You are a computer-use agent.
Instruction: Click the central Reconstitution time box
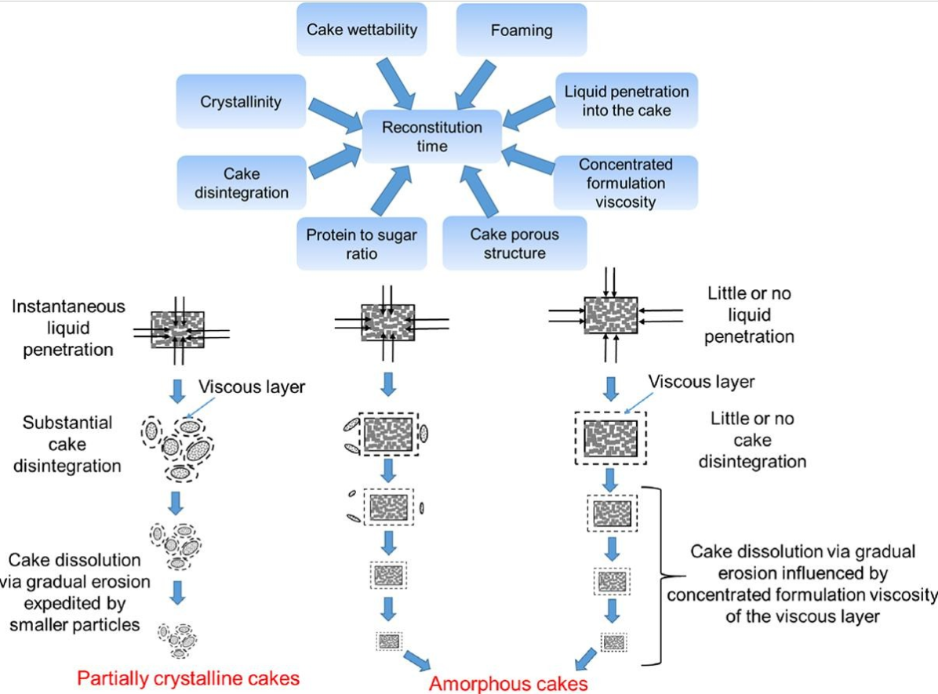pyautogui.click(x=431, y=136)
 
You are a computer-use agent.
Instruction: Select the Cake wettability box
pyautogui.click(x=362, y=31)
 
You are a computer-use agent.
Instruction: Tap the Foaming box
pyautogui.click(x=522, y=31)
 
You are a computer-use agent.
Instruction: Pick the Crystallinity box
pyautogui.click(x=240, y=101)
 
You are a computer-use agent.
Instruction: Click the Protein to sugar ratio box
pyautogui.click(x=362, y=244)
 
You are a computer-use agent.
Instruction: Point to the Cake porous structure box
pyautogui.click(x=514, y=243)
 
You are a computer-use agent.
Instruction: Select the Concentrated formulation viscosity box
pyautogui.click(x=625, y=183)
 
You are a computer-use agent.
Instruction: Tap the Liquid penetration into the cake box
pyautogui.click(x=626, y=100)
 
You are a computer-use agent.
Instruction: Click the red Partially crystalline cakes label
pyautogui.click(x=187, y=677)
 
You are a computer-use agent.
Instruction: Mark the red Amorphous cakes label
pyautogui.click(x=508, y=683)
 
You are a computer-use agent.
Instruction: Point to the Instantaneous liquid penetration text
pyautogui.click(x=67, y=328)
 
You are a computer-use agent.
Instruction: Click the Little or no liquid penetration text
pyautogui.click(x=749, y=315)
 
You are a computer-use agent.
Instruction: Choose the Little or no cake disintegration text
pyautogui.click(x=752, y=440)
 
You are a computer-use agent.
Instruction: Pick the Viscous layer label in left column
pyautogui.click(x=251, y=387)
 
